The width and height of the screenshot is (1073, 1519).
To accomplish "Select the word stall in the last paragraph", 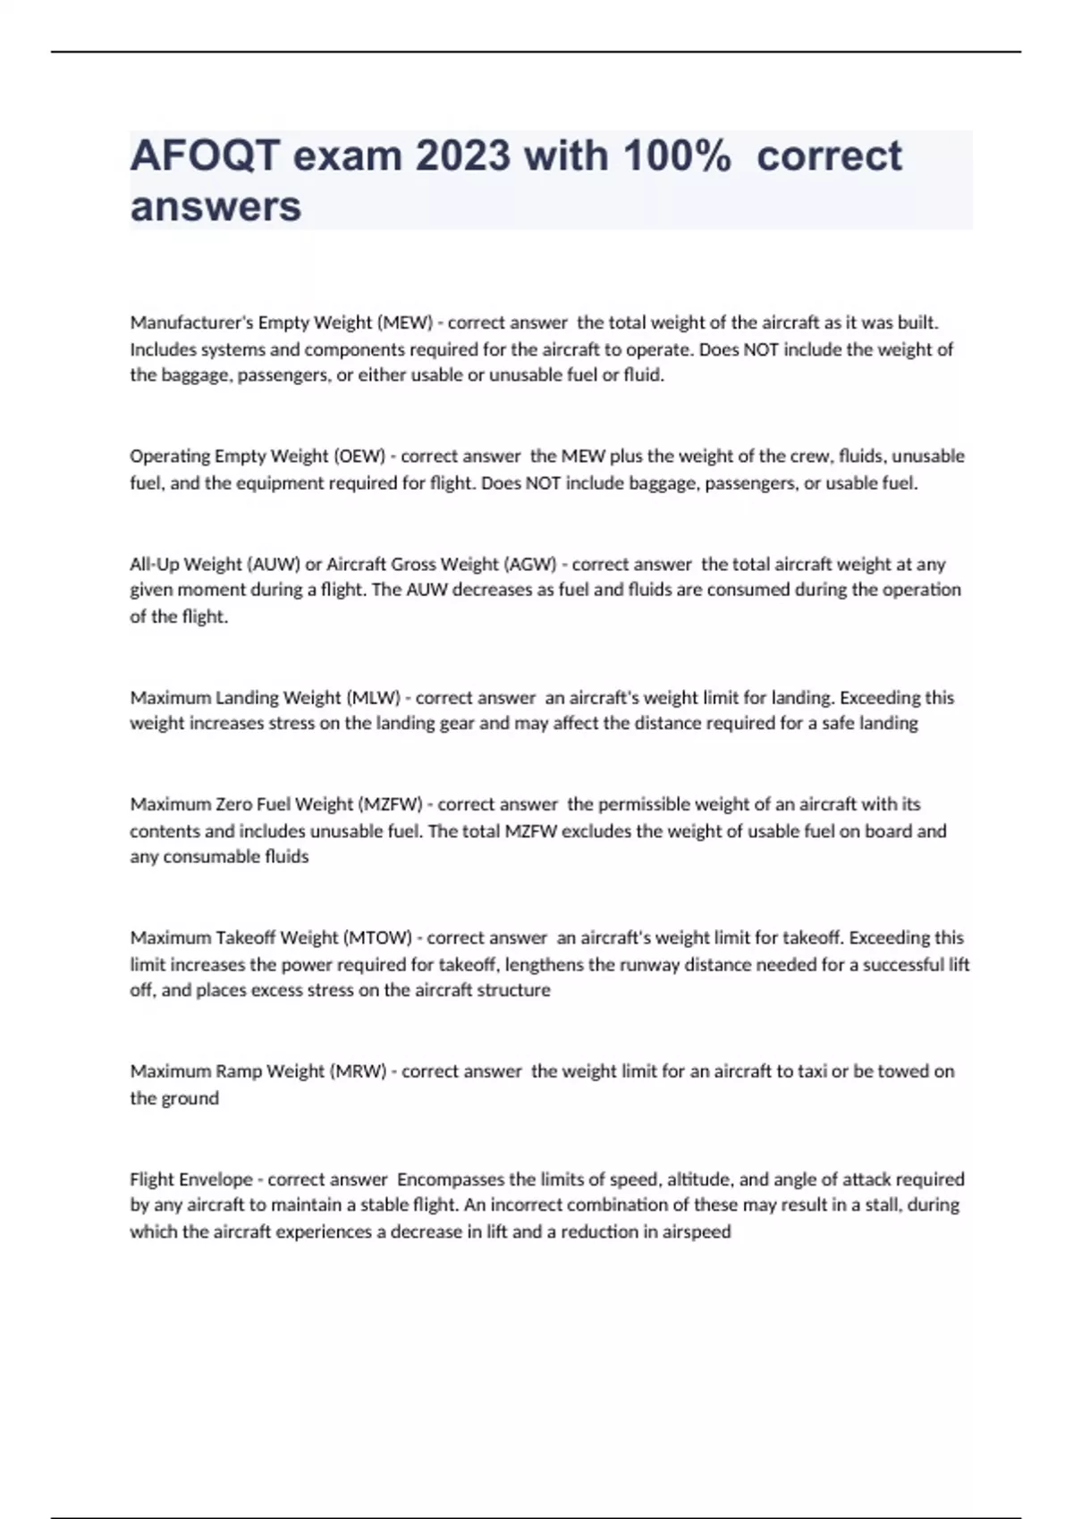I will coord(879,1204).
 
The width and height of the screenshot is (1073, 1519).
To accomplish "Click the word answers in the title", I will coord(215,206).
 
